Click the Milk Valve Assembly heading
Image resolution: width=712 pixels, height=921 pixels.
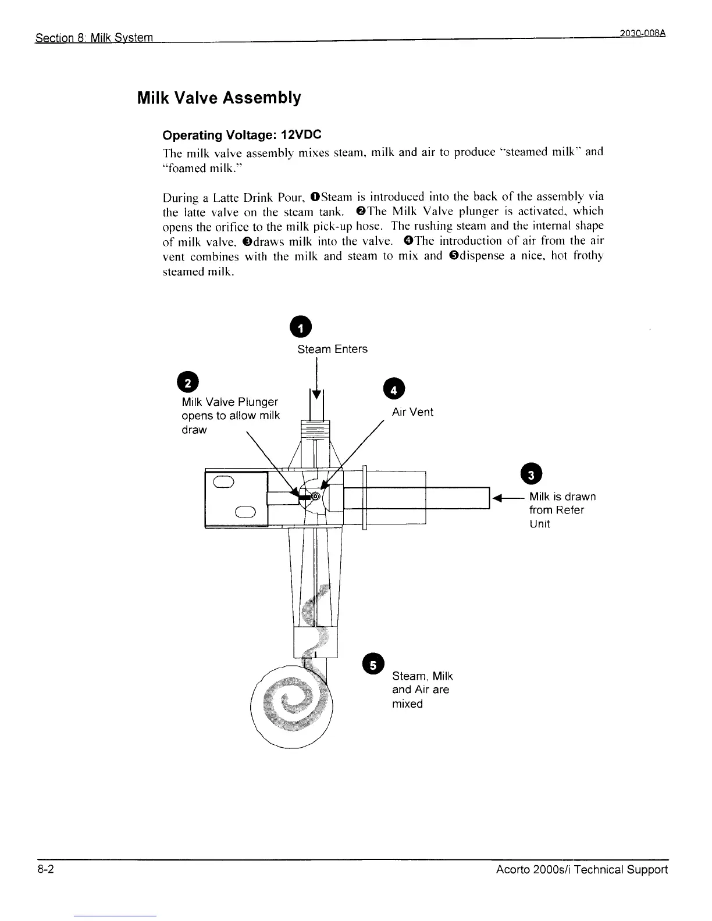click(219, 98)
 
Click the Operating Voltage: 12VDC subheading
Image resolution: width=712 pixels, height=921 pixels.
click(241, 135)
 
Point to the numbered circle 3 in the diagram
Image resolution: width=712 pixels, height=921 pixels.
click(531, 474)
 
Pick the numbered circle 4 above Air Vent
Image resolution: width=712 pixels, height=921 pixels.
click(393, 390)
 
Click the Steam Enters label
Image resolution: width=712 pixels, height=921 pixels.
click(332, 349)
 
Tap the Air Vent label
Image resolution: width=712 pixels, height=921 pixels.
click(412, 412)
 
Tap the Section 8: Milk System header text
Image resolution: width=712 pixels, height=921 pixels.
click(94, 38)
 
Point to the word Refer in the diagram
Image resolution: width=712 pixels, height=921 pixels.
click(569, 510)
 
